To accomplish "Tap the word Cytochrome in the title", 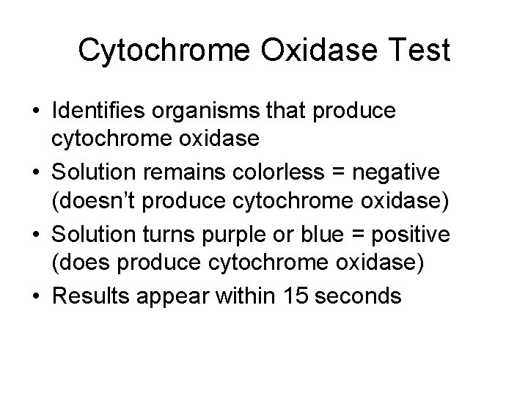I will pyautogui.click(x=165, y=50).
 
